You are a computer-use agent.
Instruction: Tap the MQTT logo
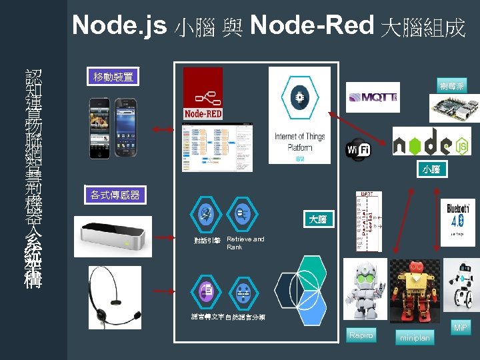373,97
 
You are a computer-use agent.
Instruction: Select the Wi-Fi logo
357,150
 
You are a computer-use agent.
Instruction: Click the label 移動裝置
113,77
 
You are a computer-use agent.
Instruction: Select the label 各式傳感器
115,195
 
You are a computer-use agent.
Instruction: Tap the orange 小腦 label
431,169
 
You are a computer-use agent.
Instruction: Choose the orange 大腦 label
317,219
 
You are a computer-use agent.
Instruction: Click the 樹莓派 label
453,86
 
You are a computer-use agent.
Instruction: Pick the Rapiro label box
361,335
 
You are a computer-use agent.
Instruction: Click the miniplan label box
414,338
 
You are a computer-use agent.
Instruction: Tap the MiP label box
460,328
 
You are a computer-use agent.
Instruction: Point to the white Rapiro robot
365,289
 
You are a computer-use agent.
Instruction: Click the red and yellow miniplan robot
415,291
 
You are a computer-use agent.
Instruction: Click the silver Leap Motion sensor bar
114,235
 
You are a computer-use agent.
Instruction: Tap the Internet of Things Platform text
300,142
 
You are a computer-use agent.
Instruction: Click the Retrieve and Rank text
245,243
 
